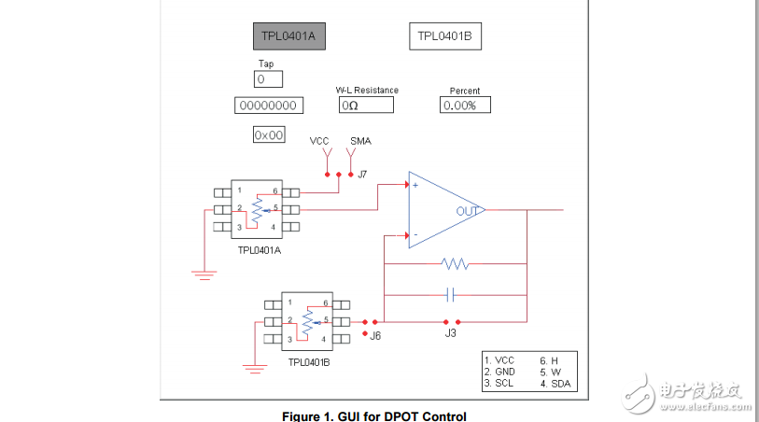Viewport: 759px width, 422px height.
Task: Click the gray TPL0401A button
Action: (289, 36)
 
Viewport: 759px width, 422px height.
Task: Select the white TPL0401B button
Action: (444, 36)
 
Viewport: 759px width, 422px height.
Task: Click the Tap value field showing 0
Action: (267, 80)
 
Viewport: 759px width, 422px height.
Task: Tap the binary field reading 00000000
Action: (268, 105)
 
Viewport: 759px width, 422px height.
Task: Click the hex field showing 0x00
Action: (269, 135)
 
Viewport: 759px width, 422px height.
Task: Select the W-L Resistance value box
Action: (366, 105)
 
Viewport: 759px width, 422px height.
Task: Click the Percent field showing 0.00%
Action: (465, 105)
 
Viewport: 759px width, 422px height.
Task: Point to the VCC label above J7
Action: (319, 141)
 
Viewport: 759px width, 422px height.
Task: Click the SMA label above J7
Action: (360, 141)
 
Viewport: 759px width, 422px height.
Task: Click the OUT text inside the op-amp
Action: (467, 211)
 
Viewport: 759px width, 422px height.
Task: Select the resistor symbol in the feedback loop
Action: (455, 264)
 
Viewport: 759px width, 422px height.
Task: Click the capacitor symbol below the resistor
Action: (451, 295)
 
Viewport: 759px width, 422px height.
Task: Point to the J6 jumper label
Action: (375, 335)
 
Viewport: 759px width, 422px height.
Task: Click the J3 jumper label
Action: (450, 332)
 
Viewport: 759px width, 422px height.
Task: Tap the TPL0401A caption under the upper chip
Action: (260, 250)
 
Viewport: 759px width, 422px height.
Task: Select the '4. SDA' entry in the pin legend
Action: (557, 384)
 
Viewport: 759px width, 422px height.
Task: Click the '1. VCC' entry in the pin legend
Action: (499, 359)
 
